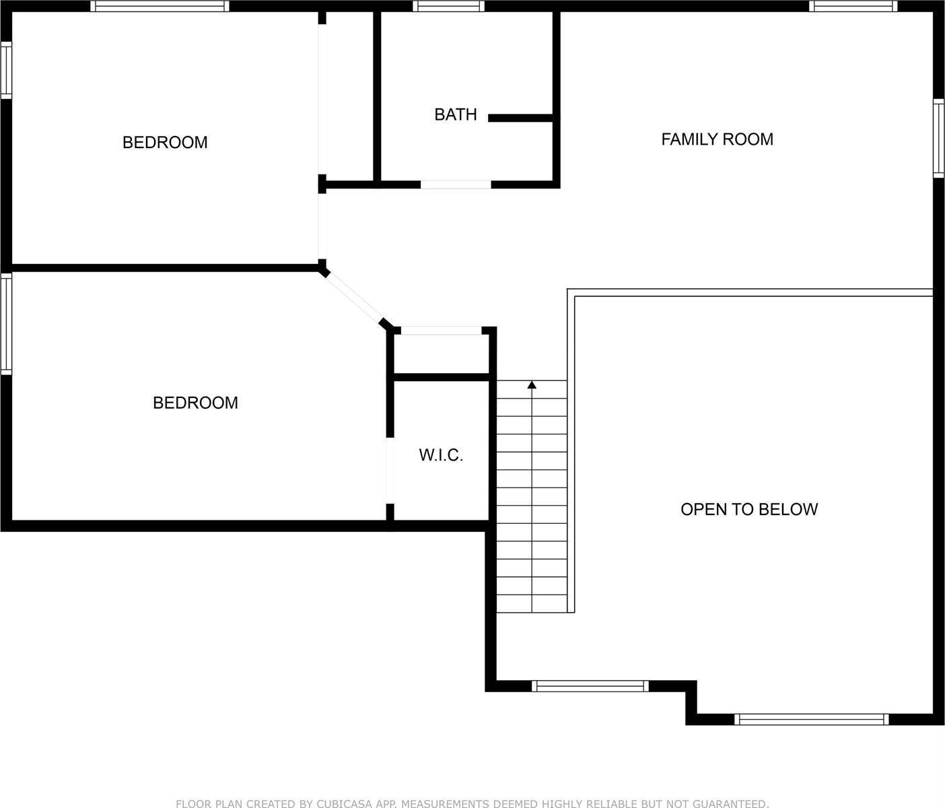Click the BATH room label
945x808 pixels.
456,114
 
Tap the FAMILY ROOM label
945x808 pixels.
717,139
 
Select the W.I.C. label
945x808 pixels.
441,455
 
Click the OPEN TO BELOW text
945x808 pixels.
748,509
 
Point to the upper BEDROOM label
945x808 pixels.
165,143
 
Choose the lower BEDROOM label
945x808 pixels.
195,403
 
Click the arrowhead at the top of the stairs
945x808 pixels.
532,384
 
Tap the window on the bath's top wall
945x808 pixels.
448,7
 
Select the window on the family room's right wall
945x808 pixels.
938,138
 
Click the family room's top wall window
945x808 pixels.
853,7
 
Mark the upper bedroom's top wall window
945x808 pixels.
160,7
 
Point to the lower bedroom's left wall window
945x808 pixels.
6,324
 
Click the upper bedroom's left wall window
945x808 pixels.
6,70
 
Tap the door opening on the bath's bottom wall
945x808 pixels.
456,184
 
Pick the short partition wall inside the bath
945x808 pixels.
520,118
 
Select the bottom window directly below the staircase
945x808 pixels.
590,686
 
